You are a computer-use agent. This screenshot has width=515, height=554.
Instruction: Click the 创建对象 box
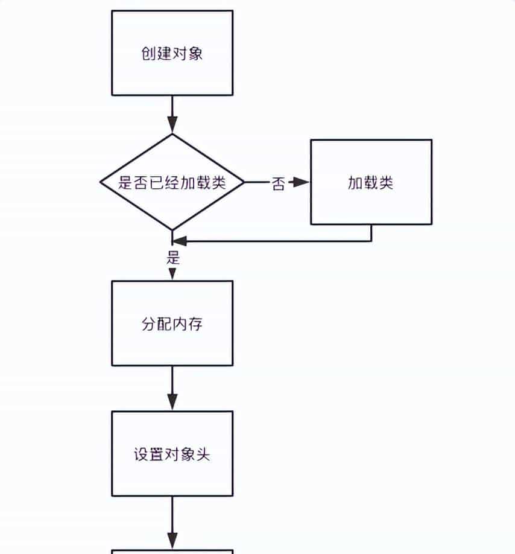click(172, 53)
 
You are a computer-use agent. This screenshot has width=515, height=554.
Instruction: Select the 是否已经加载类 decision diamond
click(172, 182)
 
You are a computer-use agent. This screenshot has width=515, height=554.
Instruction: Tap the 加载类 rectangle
click(371, 182)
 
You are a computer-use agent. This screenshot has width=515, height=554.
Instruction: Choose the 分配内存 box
click(172, 323)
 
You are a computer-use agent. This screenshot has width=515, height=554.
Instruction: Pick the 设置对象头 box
click(172, 454)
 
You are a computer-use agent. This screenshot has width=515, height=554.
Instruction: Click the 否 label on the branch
click(278, 183)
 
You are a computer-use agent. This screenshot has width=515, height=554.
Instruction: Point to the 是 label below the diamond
click(173, 258)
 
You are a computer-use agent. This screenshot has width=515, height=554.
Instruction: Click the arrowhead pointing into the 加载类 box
click(302, 182)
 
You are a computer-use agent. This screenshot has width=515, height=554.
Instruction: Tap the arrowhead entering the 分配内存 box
click(172, 275)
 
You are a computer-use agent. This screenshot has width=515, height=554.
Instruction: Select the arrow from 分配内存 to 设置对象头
click(172, 388)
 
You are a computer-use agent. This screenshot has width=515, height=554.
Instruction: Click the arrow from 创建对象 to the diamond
click(172, 115)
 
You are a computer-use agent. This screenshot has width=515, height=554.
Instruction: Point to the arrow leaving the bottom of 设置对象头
click(172, 522)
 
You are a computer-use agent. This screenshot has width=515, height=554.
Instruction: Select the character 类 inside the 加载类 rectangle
click(386, 183)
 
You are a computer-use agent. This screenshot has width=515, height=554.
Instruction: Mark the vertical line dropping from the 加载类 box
click(371, 233)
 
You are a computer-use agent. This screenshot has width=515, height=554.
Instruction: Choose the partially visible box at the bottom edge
click(172, 552)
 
